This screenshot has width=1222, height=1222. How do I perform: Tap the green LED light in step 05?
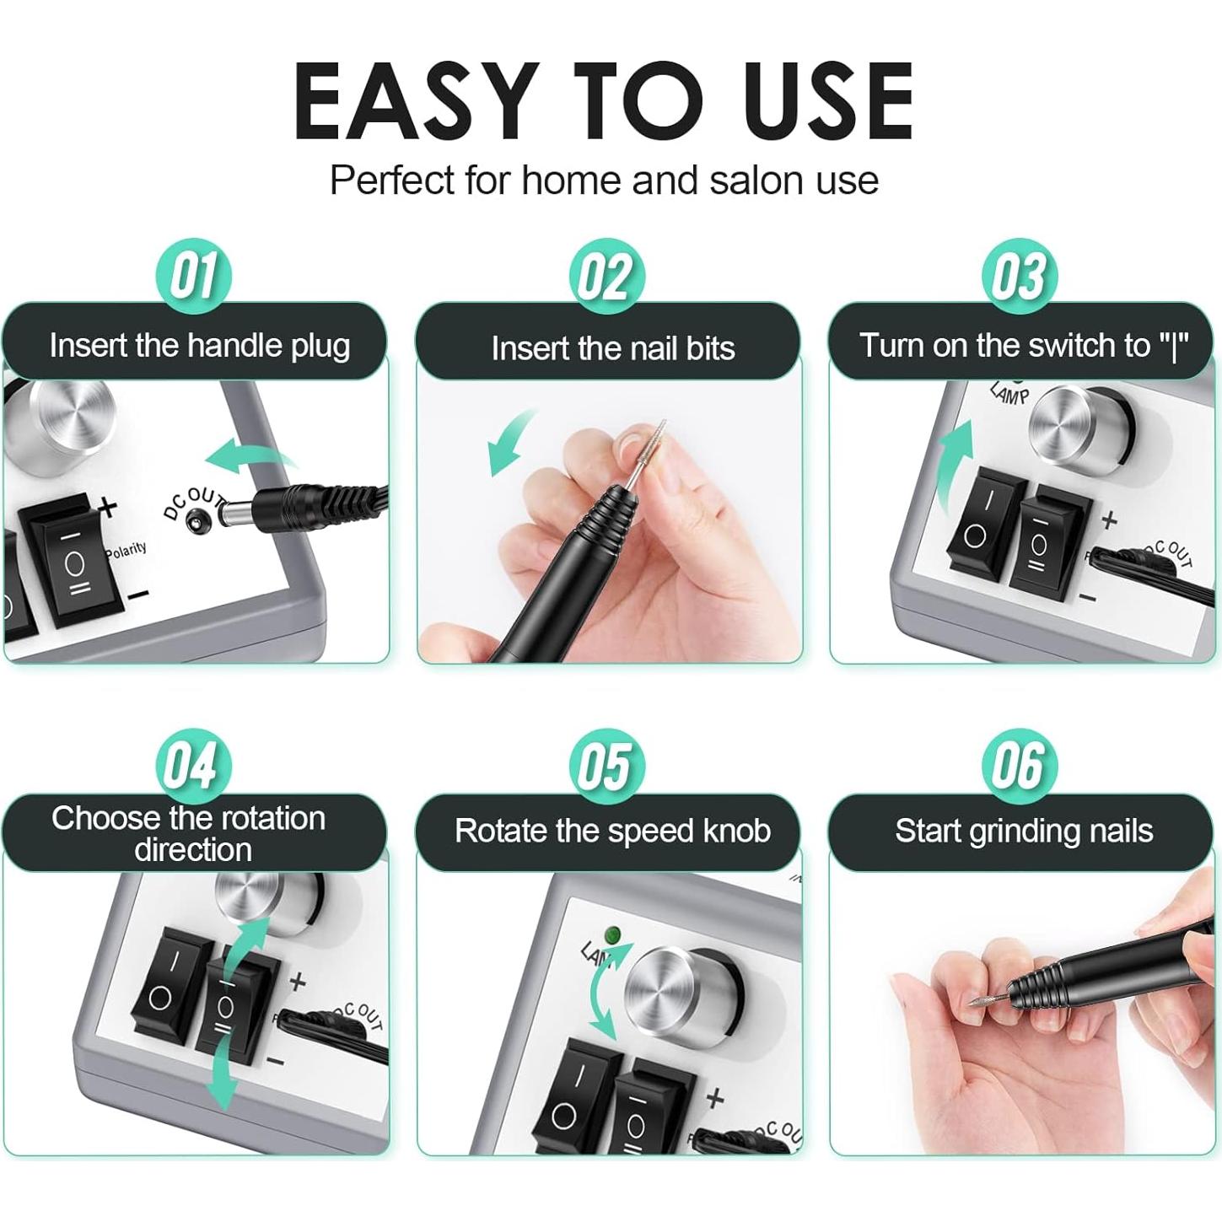click(614, 935)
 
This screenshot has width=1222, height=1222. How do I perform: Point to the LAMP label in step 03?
click(1009, 393)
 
